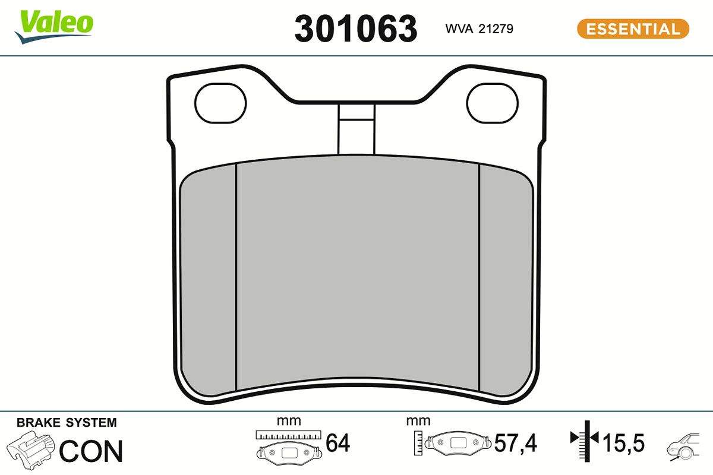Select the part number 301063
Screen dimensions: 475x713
[356, 28]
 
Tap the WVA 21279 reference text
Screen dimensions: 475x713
[479, 28]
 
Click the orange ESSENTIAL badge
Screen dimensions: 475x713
[633, 28]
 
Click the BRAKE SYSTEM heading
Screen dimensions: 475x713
[67, 423]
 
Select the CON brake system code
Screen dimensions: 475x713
[91, 451]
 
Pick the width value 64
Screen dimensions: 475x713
[338, 443]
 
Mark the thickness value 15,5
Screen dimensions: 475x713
[624, 443]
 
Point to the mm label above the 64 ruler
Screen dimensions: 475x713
[289, 422]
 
